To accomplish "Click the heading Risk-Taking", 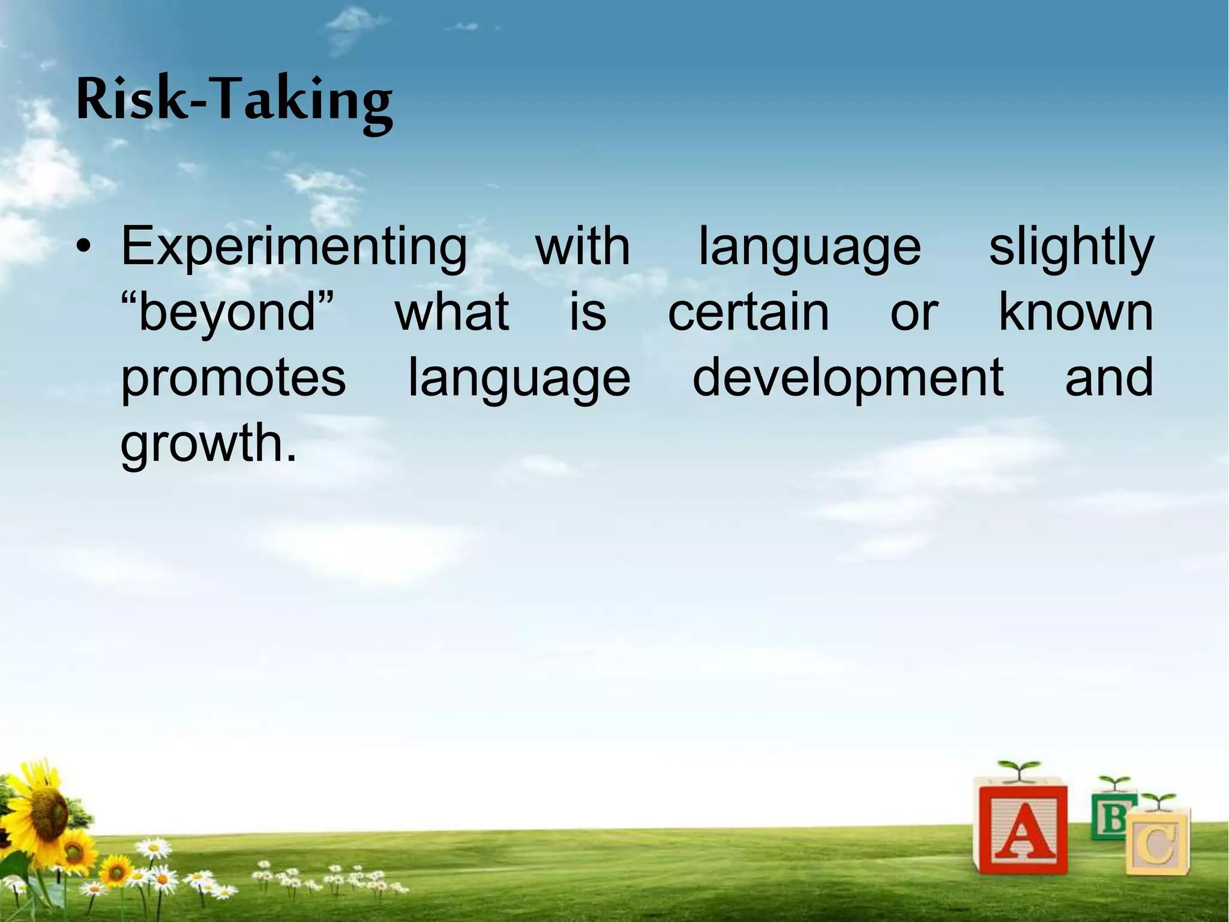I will pyautogui.click(x=234, y=101).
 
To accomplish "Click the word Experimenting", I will pyautogui.click(x=294, y=247).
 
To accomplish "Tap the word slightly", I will pyautogui.click(x=1071, y=247).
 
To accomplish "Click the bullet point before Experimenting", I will pyautogui.click(x=88, y=249).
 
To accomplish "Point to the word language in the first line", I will pyautogui.click(x=810, y=247).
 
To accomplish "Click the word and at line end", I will pyautogui.click(x=1109, y=378).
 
